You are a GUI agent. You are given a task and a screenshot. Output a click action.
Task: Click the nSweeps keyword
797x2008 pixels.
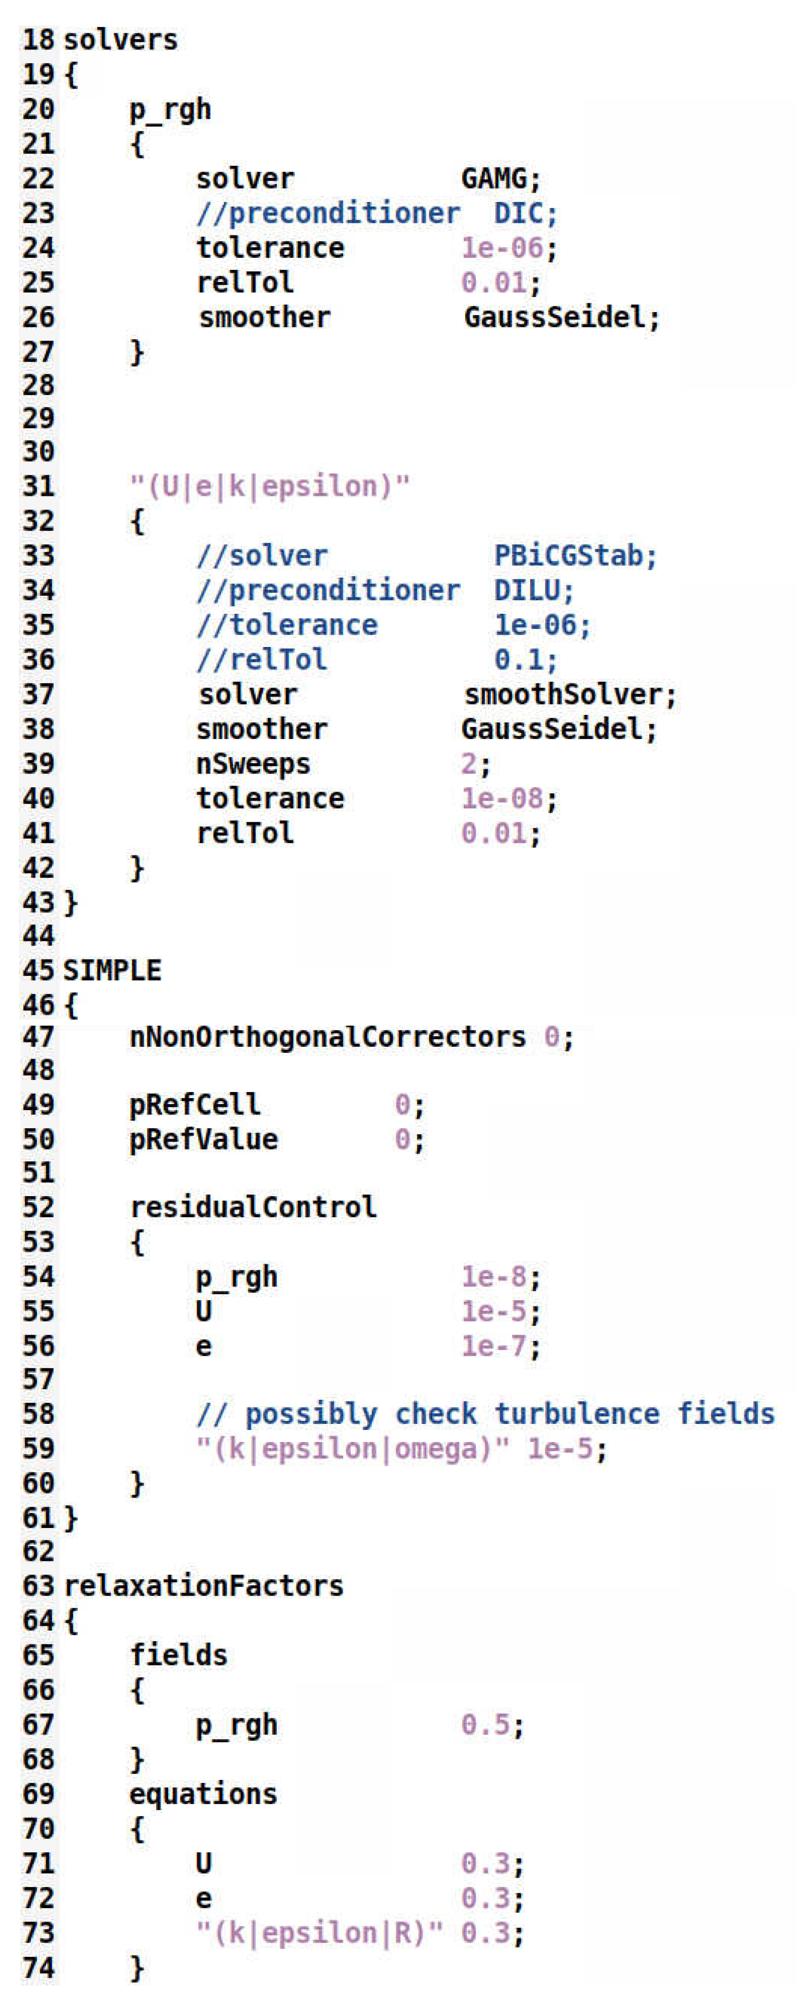coord(253,764)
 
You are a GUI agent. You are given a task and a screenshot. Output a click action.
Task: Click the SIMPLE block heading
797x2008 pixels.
coord(112,971)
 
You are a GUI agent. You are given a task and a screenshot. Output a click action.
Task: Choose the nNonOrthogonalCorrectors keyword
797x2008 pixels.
coord(327,1037)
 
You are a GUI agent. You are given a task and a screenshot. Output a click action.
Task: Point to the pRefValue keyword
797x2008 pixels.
coord(204,1140)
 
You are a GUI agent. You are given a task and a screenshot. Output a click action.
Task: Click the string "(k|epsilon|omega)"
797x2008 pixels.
coord(352,1449)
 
